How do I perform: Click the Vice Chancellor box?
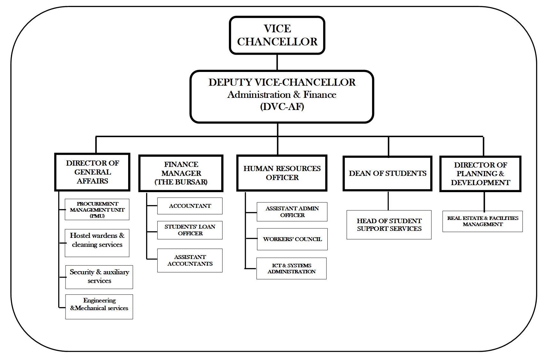(277, 35)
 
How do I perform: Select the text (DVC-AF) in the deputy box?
(282, 106)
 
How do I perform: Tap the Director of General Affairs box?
(92, 172)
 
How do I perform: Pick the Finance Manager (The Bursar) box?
(181, 173)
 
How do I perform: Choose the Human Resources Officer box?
(282, 173)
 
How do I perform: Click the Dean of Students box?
(387, 174)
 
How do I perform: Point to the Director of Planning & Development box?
(480, 174)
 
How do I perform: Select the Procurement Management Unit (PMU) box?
(97, 210)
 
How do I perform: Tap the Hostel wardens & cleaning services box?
(97, 243)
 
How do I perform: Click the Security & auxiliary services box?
(99, 277)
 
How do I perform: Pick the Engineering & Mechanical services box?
(99, 306)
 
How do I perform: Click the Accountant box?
(190, 206)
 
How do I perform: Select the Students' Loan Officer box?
(190, 230)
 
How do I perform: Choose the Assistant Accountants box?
(190, 261)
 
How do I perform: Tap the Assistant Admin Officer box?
(292, 212)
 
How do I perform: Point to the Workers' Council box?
(292, 239)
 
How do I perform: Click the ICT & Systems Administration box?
(292, 269)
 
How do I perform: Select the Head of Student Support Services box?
(389, 225)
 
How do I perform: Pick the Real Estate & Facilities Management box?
(482, 221)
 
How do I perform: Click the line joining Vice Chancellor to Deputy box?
(277, 62)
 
